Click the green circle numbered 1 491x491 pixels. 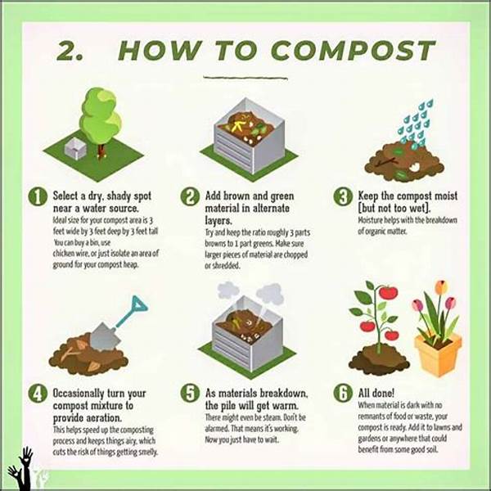pyautogui.click(x=37, y=197)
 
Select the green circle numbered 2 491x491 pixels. pyautogui.click(x=190, y=197)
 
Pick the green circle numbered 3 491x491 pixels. pyautogui.click(x=344, y=197)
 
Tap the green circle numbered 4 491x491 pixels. pyautogui.click(x=37, y=394)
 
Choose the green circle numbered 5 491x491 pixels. pyautogui.click(x=190, y=394)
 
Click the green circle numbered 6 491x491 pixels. pyautogui.click(x=344, y=394)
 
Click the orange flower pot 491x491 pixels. pyautogui.click(x=438, y=355)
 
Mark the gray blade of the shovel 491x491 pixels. pyautogui.click(x=101, y=335)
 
